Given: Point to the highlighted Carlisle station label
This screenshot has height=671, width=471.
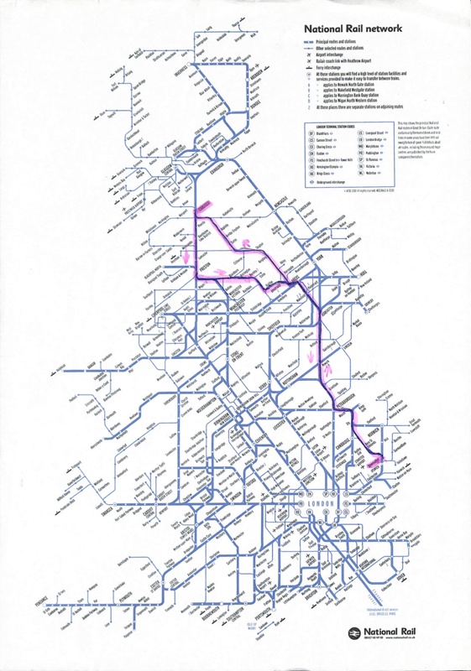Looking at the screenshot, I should tap(204, 206).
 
